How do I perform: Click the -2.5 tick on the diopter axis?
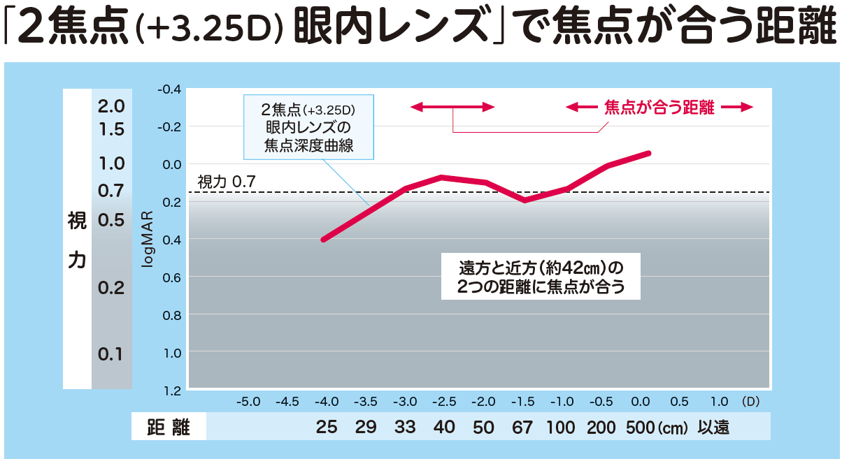(444, 402)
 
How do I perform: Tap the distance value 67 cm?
(522, 428)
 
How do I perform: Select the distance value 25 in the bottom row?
(327, 428)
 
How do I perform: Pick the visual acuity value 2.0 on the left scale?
(111, 107)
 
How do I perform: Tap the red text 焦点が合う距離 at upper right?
(659, 108)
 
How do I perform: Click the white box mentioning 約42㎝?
(541, 277)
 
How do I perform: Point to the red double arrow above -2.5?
(452, 107)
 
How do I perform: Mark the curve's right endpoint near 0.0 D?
(649, 153)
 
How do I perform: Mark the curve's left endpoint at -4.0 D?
(323, 240)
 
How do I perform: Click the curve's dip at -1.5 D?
(525, 200)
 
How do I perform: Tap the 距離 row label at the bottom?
(169, 428)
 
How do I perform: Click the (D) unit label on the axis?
(750, 402)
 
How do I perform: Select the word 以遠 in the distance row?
(713, 428)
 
